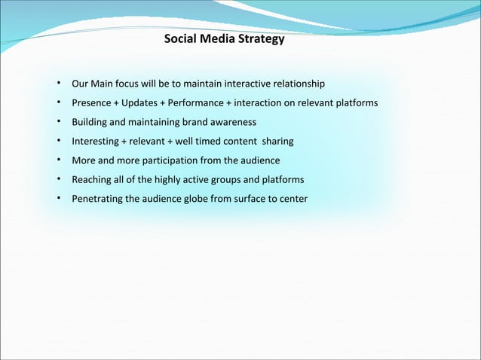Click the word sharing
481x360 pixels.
click(277, 142)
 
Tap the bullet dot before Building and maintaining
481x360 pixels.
click(58, 122)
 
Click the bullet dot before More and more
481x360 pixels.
click(58, 161)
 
